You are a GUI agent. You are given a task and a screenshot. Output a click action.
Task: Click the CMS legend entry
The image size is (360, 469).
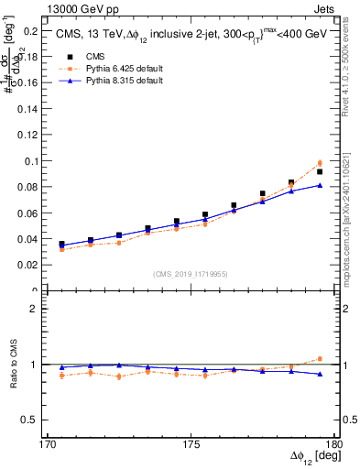[99, 55]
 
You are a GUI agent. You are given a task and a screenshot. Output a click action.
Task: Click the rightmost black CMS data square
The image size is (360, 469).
[320, 171]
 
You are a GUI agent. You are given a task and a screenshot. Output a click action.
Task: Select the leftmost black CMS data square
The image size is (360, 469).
[61, 245]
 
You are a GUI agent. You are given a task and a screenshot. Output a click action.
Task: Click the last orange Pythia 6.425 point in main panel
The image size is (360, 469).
[320, 163]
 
